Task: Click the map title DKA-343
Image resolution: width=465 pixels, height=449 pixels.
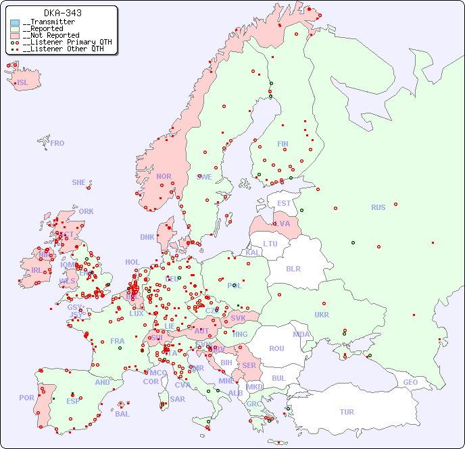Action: [63, 13]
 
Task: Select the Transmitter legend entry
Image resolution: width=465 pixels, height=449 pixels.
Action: [51, 22]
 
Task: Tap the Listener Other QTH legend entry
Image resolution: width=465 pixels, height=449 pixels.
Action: [64, 49]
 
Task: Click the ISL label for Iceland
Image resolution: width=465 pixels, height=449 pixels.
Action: [23, 83]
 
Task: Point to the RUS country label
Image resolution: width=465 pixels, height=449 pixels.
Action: [378, 207]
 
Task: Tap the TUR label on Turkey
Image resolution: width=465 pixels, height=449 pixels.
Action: [347, 412]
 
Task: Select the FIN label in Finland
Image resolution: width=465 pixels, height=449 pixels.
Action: [283, 144]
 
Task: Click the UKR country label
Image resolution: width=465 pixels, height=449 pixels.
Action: [322, 315]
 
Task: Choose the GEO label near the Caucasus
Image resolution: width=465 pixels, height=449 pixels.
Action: [410, 382]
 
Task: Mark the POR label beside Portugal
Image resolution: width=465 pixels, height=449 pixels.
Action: [26, 398]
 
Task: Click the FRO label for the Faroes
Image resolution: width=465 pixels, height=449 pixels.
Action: [57, 143]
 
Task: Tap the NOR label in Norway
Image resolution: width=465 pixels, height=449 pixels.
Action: [164, 176]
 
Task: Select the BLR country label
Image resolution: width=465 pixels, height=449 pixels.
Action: [293, 268]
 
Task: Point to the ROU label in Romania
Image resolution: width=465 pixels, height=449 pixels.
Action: [276, 348]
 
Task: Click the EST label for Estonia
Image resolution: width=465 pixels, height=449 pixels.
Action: [284, 203]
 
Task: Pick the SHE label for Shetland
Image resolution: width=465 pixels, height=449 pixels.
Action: [79, 182]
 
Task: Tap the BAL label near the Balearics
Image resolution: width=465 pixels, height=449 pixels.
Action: [122, 414]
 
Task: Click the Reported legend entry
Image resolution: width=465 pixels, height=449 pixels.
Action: [47, 28]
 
